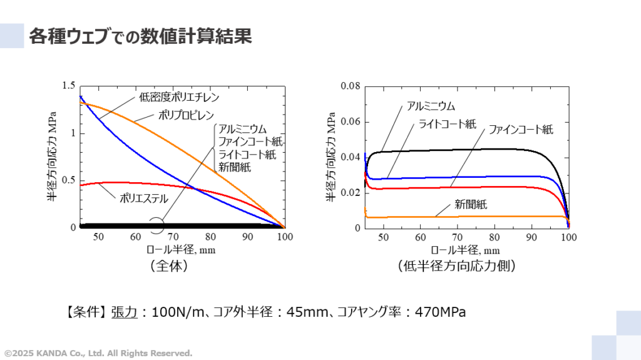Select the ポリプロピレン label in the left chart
click(x=185, y=116)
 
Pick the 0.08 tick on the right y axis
click(x=351, y=86)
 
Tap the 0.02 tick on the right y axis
click(x=351, y=192)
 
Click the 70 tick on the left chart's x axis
click(x=173, y=237)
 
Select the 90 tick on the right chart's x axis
click(x=531, y=237)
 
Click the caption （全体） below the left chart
click(x=169, y=266)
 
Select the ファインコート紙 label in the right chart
click(x=521, y=130)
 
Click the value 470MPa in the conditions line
click(x=441, y=312)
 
